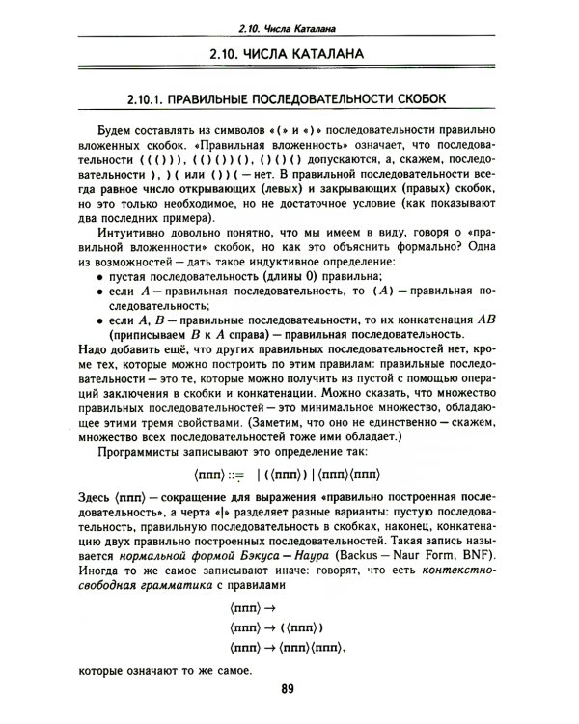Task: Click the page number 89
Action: pyautogui.click(x=288, y=689)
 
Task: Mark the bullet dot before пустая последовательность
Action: pyautogui.click(x=101, y=278)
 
